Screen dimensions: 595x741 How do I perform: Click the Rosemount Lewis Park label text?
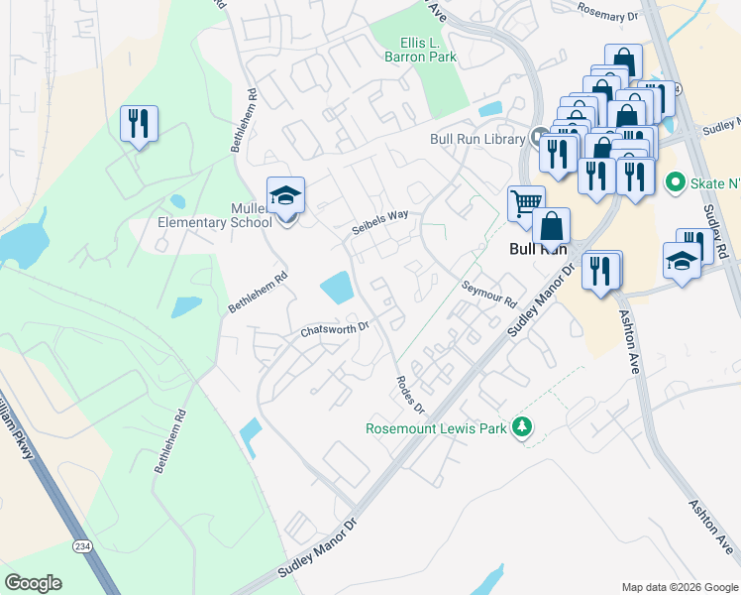[436, 428]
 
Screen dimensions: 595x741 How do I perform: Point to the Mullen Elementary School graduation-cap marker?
[285, 194]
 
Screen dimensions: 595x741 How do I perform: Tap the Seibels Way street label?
[380, 221]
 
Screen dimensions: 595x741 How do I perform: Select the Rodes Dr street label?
[410, 395]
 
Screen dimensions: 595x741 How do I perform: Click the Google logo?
[33, 583]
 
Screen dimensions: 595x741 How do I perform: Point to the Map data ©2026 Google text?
[679, 587]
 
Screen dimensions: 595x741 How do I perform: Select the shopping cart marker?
[525, 203]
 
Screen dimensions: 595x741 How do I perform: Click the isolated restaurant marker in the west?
[139, 124]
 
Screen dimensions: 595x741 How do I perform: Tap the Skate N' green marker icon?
[676, 181]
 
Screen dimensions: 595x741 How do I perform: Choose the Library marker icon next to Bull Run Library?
[538, 137]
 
